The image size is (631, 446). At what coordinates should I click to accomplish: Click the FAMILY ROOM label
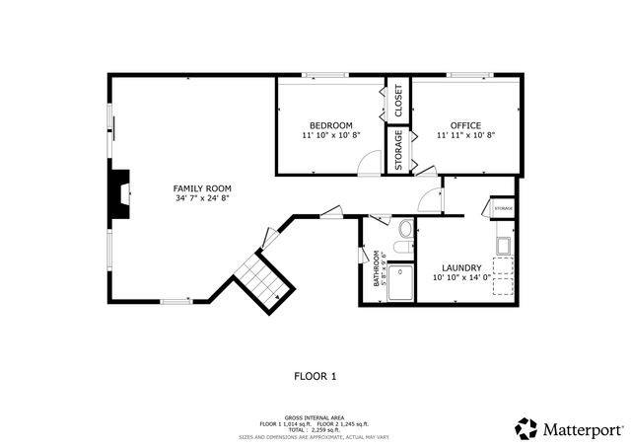point(201,187)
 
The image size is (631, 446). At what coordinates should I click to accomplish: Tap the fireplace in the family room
point(119,192)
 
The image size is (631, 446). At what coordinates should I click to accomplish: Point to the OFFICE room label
point(465,125)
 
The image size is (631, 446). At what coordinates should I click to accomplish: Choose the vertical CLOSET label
point(398,100)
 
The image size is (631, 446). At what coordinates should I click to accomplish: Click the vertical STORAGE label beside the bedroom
point(398,150)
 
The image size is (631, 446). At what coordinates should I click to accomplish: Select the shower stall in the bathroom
point(400,281)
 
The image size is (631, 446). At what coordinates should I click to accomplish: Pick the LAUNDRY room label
point(461,267)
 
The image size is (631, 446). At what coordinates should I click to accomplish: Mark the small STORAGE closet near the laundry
point(502,209)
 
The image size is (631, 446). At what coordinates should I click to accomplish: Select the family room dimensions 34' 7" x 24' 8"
point(201,198)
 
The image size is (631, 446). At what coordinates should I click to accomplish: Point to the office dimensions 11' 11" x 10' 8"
point(465,136)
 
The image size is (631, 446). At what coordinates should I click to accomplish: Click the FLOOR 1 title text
point(315,376)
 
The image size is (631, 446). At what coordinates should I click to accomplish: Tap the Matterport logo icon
point(526,428)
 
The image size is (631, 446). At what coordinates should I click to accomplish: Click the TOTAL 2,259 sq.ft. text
point(315,429)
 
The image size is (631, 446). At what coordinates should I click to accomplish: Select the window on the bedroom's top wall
point(324,75)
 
